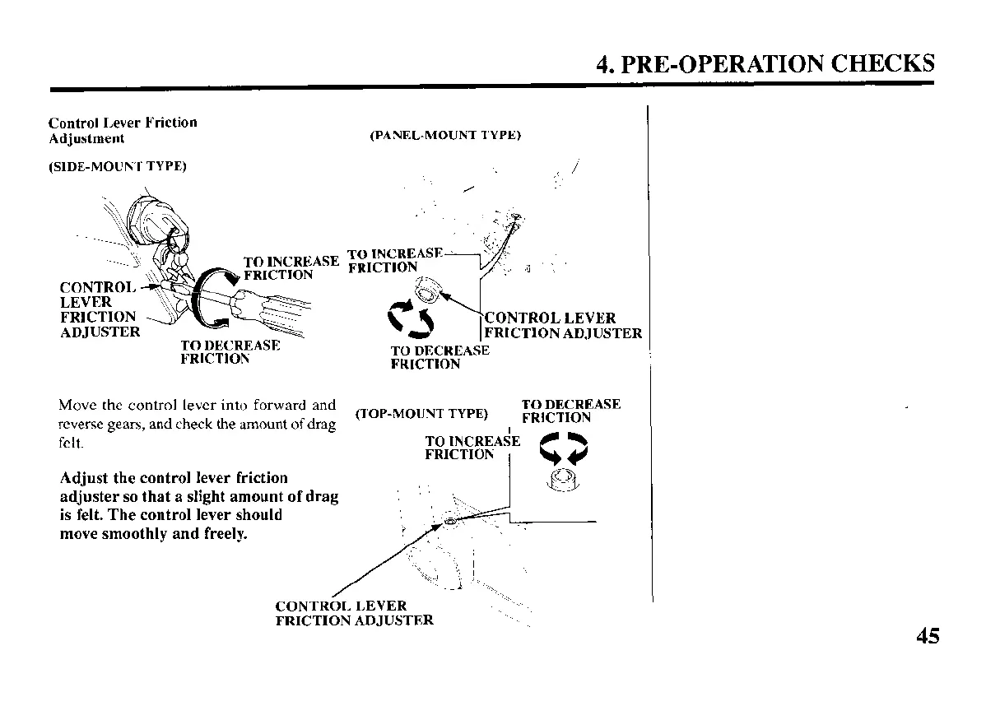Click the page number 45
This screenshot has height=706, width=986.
[x=926, y=636]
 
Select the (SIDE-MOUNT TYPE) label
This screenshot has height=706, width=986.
[x=118, y=166]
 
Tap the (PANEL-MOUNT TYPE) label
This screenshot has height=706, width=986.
[x=445, y=135]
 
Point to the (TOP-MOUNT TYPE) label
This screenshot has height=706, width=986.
[x=421, y=413]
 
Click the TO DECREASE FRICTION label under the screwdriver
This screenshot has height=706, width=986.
[x=230, y=352]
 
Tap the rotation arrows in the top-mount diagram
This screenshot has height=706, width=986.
[x=564, y=449]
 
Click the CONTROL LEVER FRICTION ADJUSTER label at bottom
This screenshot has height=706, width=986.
[x=354, y=613]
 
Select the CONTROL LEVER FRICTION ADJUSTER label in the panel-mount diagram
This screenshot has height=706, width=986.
[x=563, y=326]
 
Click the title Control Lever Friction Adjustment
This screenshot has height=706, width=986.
[x=123, y=130]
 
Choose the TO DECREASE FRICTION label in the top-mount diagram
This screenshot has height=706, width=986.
[x=571, y=411]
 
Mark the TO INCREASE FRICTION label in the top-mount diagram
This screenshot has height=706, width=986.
[x=472, y=448]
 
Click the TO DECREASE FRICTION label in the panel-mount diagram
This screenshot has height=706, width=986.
[x=440, y=357]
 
